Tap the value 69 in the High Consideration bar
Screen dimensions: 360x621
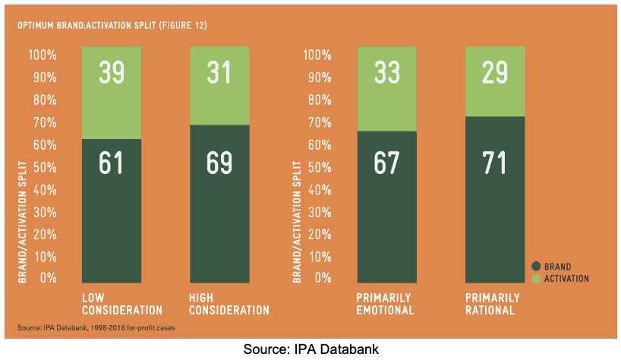(x=219, y=163)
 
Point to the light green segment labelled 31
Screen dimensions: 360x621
(x=219, y=85)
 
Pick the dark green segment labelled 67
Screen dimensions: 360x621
(x=388, y=205)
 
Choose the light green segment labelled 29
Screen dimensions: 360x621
(x=495, y=81)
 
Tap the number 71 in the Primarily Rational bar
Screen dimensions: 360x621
(x=495, y=163)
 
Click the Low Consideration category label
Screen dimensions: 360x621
(x=122, y=304)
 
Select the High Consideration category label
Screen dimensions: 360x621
(x=229, y=304)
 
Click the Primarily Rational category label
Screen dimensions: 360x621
(x=492, y=304)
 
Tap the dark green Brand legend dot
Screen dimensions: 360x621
(x=536, y=266)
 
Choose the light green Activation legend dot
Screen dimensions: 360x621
(x=536, y=279)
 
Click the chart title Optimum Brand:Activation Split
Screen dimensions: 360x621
(x=112, y=25)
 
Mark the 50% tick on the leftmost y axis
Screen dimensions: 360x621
(x=43, y=166)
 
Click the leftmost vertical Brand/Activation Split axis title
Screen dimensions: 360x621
(x=22, y=221)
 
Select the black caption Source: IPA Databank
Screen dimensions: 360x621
(x=310, y=349)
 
